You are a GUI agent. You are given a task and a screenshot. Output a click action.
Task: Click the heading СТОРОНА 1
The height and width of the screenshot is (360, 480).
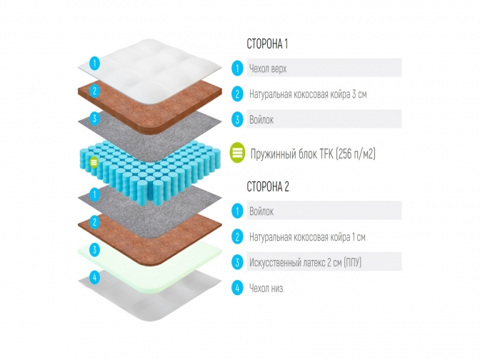point(267,44)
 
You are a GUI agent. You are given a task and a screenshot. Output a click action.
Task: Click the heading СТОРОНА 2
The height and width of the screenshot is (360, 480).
point(268,186)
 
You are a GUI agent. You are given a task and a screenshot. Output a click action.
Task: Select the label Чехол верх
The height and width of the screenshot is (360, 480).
point(268,69)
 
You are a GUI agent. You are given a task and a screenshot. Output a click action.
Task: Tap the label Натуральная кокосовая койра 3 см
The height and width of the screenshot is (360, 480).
point(308,94)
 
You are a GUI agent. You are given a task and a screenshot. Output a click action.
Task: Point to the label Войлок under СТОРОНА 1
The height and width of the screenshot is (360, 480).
point(261,119)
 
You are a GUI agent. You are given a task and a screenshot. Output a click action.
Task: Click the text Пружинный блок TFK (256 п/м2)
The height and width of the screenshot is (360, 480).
point(313,154)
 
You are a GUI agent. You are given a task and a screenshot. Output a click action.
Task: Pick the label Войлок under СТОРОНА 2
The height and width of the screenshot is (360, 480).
point(261,211)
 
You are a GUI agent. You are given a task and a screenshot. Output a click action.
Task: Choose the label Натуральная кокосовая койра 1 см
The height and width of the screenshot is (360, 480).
point(307,237)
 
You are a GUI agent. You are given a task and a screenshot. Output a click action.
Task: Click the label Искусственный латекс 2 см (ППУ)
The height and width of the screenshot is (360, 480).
point(305,262)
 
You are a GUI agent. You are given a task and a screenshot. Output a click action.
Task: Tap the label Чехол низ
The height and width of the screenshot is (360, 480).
point(266,288)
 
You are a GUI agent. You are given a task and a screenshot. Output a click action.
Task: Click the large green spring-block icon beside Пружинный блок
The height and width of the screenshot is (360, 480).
point(238,152)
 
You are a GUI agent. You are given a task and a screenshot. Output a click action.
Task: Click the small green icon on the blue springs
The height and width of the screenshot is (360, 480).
point(94,162)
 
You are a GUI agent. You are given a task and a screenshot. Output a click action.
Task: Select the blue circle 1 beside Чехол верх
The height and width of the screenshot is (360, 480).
point(237,68)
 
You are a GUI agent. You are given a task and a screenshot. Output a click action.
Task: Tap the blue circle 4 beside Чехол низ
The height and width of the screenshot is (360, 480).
point(237,288)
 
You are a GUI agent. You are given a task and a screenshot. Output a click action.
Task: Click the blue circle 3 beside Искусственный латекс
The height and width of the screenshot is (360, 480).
point(237,262)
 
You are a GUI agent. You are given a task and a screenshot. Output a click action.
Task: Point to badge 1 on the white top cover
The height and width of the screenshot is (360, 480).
point(94,63)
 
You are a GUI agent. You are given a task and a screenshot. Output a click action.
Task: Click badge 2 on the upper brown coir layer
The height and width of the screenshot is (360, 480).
point(94,90)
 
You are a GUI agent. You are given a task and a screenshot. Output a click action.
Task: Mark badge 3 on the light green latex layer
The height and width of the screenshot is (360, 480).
point(94,249)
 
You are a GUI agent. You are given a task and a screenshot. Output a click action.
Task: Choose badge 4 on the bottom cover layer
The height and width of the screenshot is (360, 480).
point(94,277)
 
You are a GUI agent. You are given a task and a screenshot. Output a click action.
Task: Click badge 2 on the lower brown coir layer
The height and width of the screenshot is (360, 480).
point(94,222)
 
